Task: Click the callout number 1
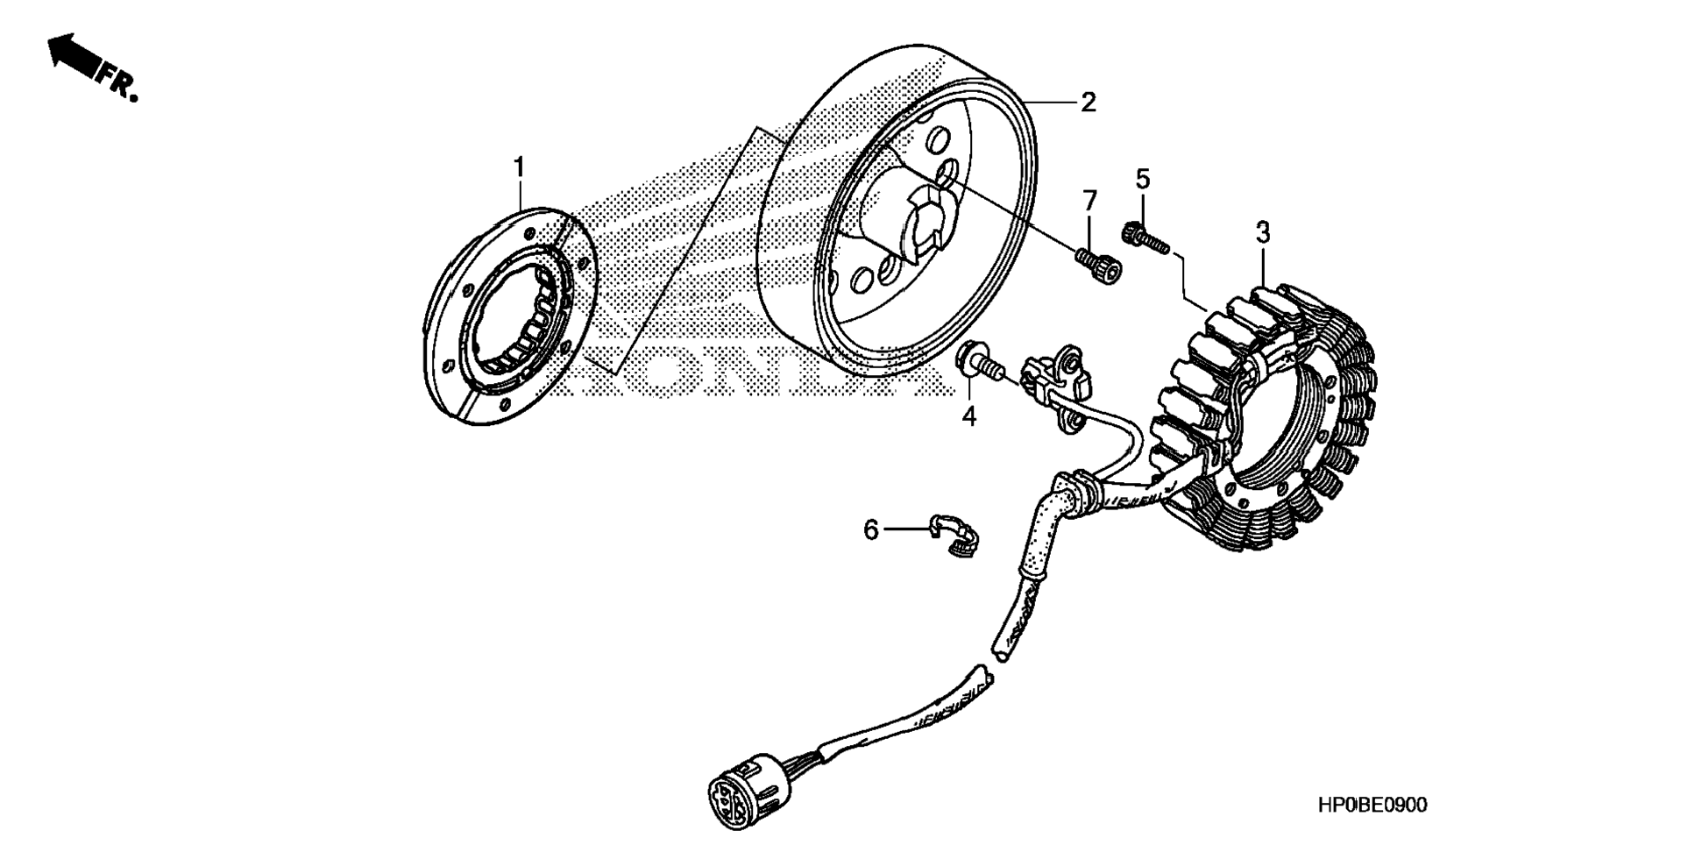tap(519, 166)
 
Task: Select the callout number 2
tap(1088, 103)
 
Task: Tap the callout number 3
tap(1262, 233)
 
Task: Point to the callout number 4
tap(968, 415)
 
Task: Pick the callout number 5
tap(1142, 179)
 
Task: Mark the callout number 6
tap(870, 529)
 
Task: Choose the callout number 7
tap(1089, 202)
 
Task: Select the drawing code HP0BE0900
tap(1372, 805)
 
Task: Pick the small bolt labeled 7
tap(1100, 266)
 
